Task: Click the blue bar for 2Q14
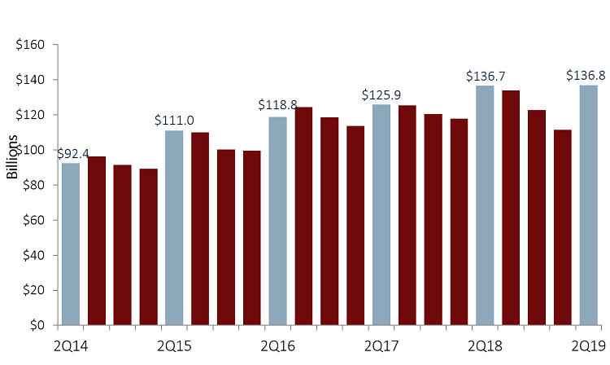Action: tap(71, 244)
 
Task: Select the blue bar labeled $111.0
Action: tap(174, 227)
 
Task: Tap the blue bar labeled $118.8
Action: tap(277, 221)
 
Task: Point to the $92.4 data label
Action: tap(72, 152)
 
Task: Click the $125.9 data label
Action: tap(381, 95)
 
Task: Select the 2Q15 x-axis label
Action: tap(174, 346)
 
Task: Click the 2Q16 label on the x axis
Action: tap(277, 346)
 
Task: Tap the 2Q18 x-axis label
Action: tap(485, 346)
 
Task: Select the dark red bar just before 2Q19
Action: tap(562, 227)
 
